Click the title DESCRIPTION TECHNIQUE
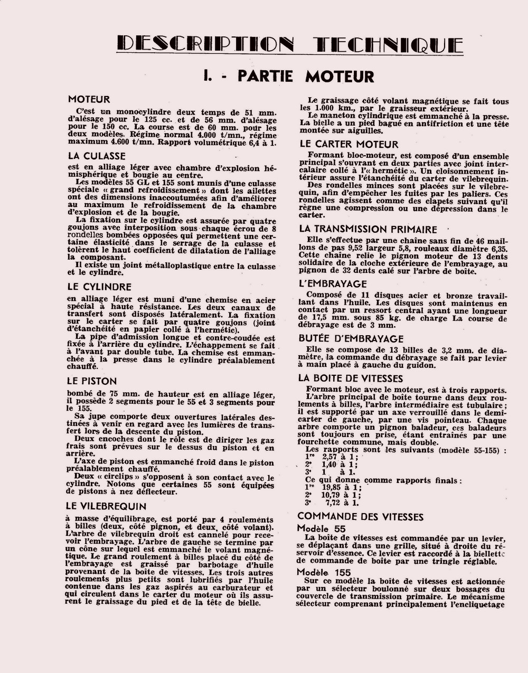[x=289, y=44]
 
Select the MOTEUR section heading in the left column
[x=89, y=99]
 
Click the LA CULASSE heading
[x=97, y=156]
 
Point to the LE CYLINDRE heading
[x=99, y=287]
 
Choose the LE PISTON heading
[x=92, y=381]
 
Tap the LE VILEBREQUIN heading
[x=106, y=506]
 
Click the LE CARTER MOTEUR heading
[x=349, y=144]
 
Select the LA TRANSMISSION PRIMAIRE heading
[x=368, y=229]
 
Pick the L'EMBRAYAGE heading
[x=333, y=283]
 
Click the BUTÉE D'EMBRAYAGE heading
[x=351, y=338]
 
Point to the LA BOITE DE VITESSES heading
[x=351, y=378]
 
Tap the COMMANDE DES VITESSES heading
[x=361, y=516]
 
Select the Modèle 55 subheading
[x=321, y=528]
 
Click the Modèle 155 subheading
[x=324, y=572]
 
